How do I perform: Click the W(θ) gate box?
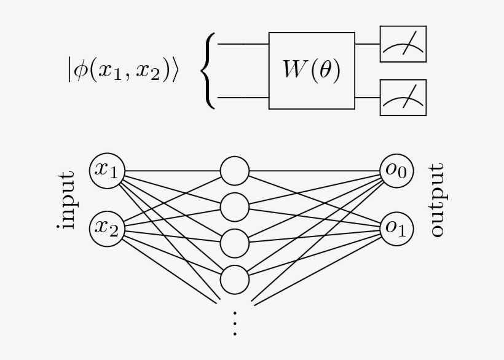tap(312, 71)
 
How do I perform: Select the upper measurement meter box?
tap(403, 44)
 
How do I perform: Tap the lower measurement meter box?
tap(403, 98)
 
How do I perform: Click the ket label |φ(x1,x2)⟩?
tap(122, 70)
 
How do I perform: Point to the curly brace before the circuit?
tap(209, 71)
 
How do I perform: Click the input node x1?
tap(108, 170)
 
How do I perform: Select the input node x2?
tap(108, 229)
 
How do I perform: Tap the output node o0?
tap(396, 170)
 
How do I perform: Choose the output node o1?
tap(396, 228)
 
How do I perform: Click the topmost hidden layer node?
tap(234, 171)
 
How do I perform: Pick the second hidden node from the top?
tap(234, 207)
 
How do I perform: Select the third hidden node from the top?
tap(234, 243)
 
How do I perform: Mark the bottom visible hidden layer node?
tap(234, 280)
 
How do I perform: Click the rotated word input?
tap(65, 200)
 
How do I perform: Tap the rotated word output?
tap(436, 200)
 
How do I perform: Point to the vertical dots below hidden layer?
tap(234, 323)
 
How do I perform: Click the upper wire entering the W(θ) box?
tap(243, 44)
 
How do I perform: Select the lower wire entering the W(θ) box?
tap(243, 97)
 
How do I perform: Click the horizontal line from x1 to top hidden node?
tap(172, 171)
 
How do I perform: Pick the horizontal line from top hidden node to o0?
tap(315, 171)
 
